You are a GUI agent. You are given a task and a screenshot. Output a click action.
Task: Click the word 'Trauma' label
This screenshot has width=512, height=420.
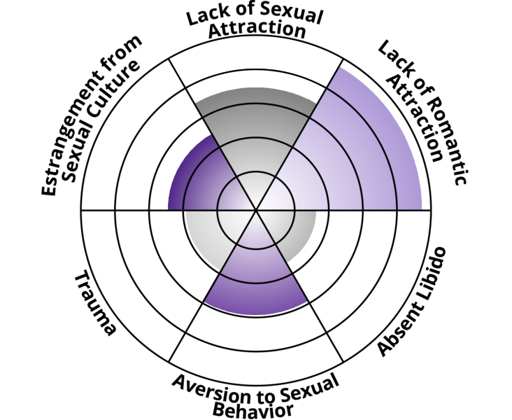(x=95, y=304)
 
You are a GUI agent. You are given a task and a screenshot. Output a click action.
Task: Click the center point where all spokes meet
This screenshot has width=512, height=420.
(x=256, y=209)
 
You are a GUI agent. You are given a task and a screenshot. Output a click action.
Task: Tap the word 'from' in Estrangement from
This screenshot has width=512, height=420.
(x=125, y=50)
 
